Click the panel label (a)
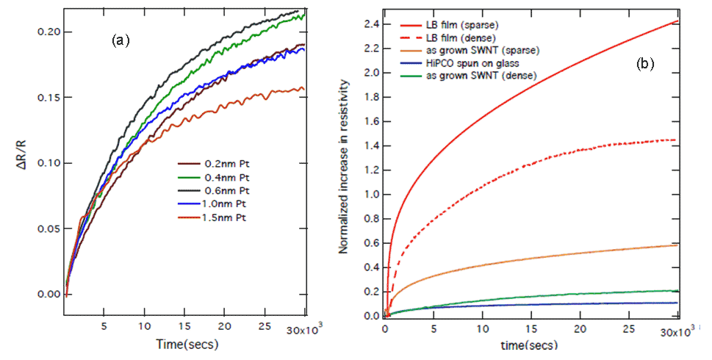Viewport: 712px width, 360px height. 120,41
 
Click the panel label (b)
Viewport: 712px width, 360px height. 644,65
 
